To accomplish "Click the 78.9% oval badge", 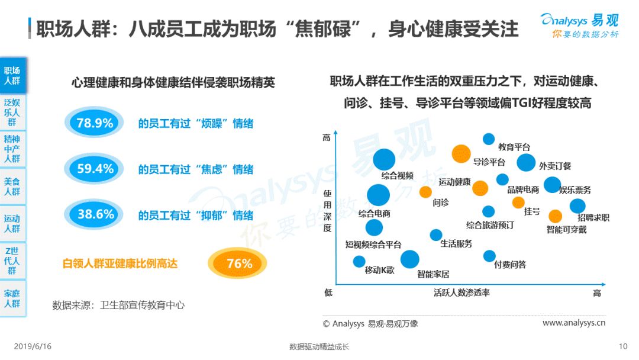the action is pos(94,123).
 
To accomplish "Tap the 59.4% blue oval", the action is pos(94,168).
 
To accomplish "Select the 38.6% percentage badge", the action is pos(94,214).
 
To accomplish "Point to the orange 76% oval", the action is pos(237,263).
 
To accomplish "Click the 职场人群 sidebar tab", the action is pos(12,75).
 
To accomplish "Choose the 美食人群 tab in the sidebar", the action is pos(12,187).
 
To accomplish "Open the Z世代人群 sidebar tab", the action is pos(12,261).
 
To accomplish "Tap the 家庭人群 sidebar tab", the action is pos(12,298).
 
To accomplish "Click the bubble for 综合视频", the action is pos(384,159).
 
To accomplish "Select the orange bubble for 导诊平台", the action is pos(461,154).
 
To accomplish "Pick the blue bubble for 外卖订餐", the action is pos(526,162).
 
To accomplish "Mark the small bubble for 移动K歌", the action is pos(359,261).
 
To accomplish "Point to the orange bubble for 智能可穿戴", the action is pos(555,216).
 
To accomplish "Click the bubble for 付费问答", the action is pos(489,256).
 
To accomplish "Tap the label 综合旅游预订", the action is pos(490,225).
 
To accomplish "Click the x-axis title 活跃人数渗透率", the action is pos(461,292).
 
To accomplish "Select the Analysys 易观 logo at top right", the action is pos(579,25).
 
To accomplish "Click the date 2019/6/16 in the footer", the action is pos(33,346).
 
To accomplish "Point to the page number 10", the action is pos(622,346).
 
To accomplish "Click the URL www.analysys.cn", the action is pos(574,323).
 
